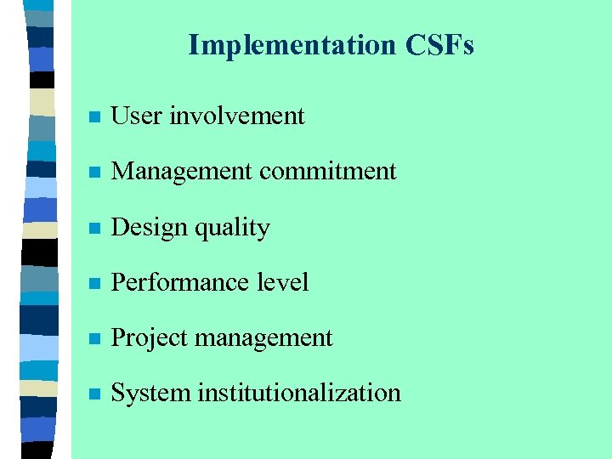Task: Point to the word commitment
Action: click(328, 171)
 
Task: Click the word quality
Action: click(232, 228)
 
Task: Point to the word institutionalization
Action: click(299, 393)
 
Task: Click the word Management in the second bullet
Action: click(182, 171)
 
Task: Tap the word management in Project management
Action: click(263, 339)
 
